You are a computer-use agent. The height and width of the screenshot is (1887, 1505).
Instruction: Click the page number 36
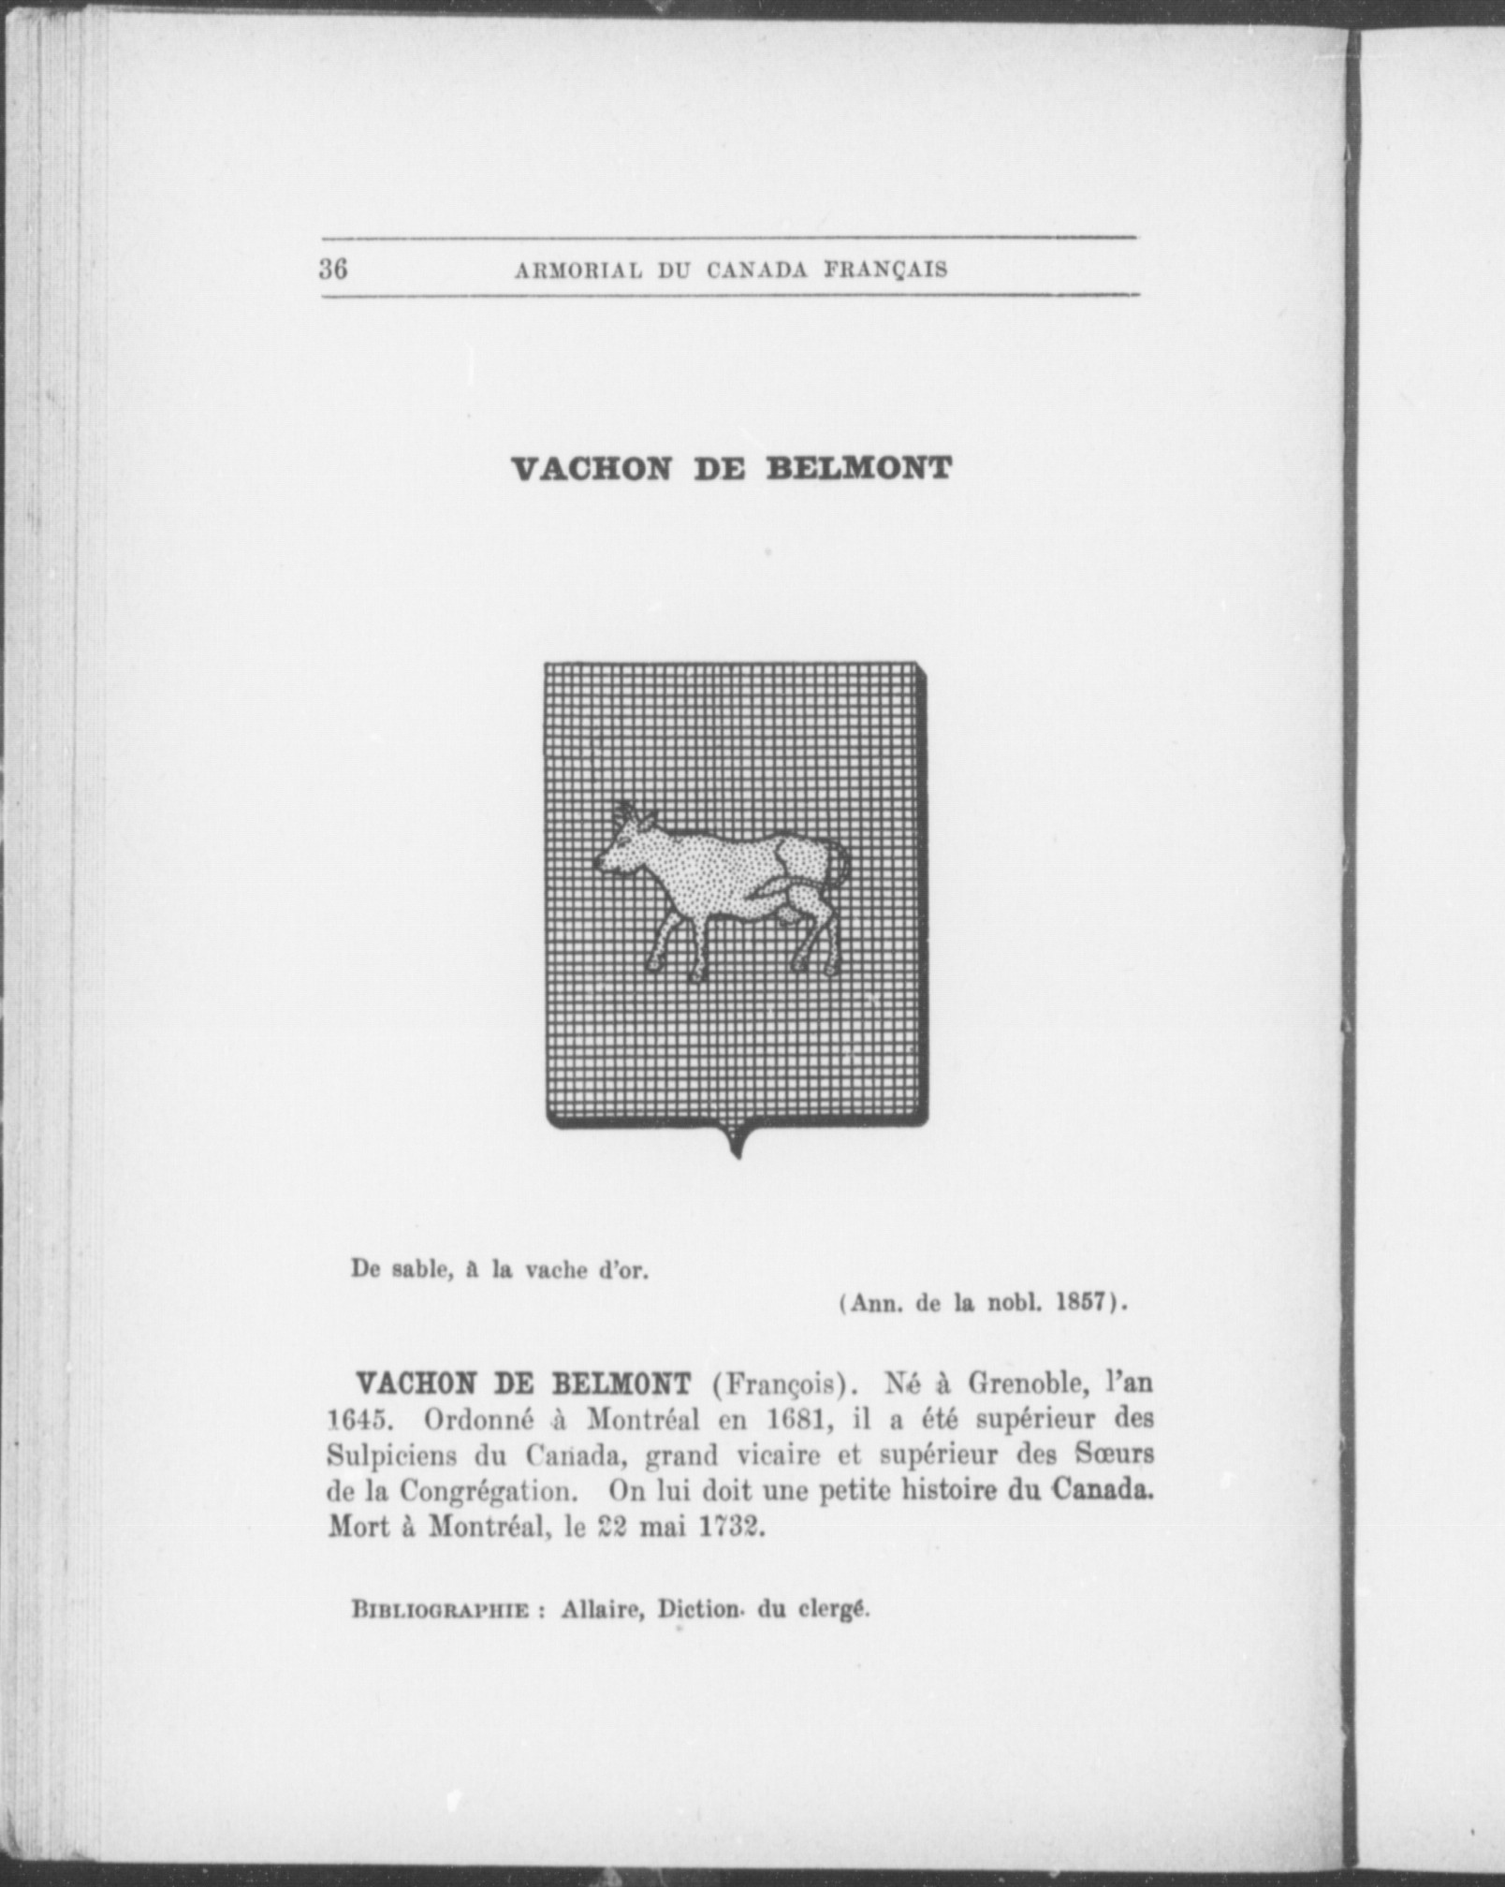(333, 270)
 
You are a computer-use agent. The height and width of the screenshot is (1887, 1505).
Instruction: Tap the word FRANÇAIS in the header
(885, 271)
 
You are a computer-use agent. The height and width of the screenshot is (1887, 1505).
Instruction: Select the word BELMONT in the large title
(858, 469)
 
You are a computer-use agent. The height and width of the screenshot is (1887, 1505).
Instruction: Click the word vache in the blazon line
(557, 1270)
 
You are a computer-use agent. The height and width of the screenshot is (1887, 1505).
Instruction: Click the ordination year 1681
(799, 1420)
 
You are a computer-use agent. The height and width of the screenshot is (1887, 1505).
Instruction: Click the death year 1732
(733, 1527)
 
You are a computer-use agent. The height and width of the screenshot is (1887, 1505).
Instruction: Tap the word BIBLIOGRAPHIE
(441, 1611)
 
